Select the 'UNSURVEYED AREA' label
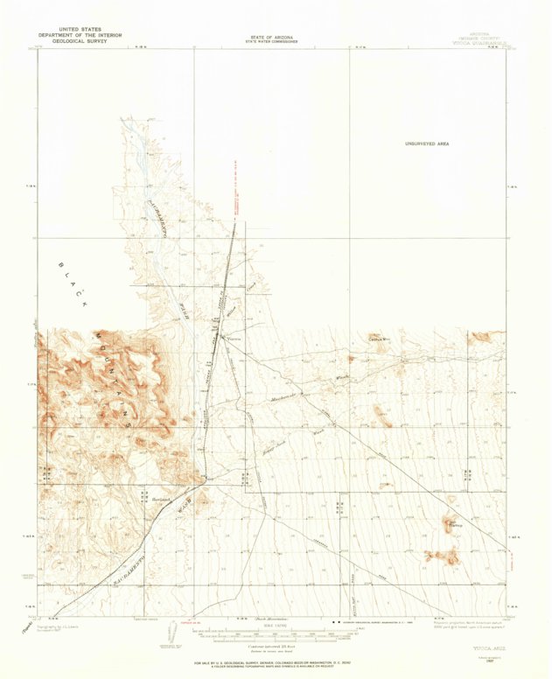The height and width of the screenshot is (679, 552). coord(426,143)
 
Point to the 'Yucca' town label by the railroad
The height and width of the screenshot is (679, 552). coord(234,339)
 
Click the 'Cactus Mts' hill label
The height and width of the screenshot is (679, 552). coord(378,337)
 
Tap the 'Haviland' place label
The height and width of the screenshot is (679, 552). coord(160,499)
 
